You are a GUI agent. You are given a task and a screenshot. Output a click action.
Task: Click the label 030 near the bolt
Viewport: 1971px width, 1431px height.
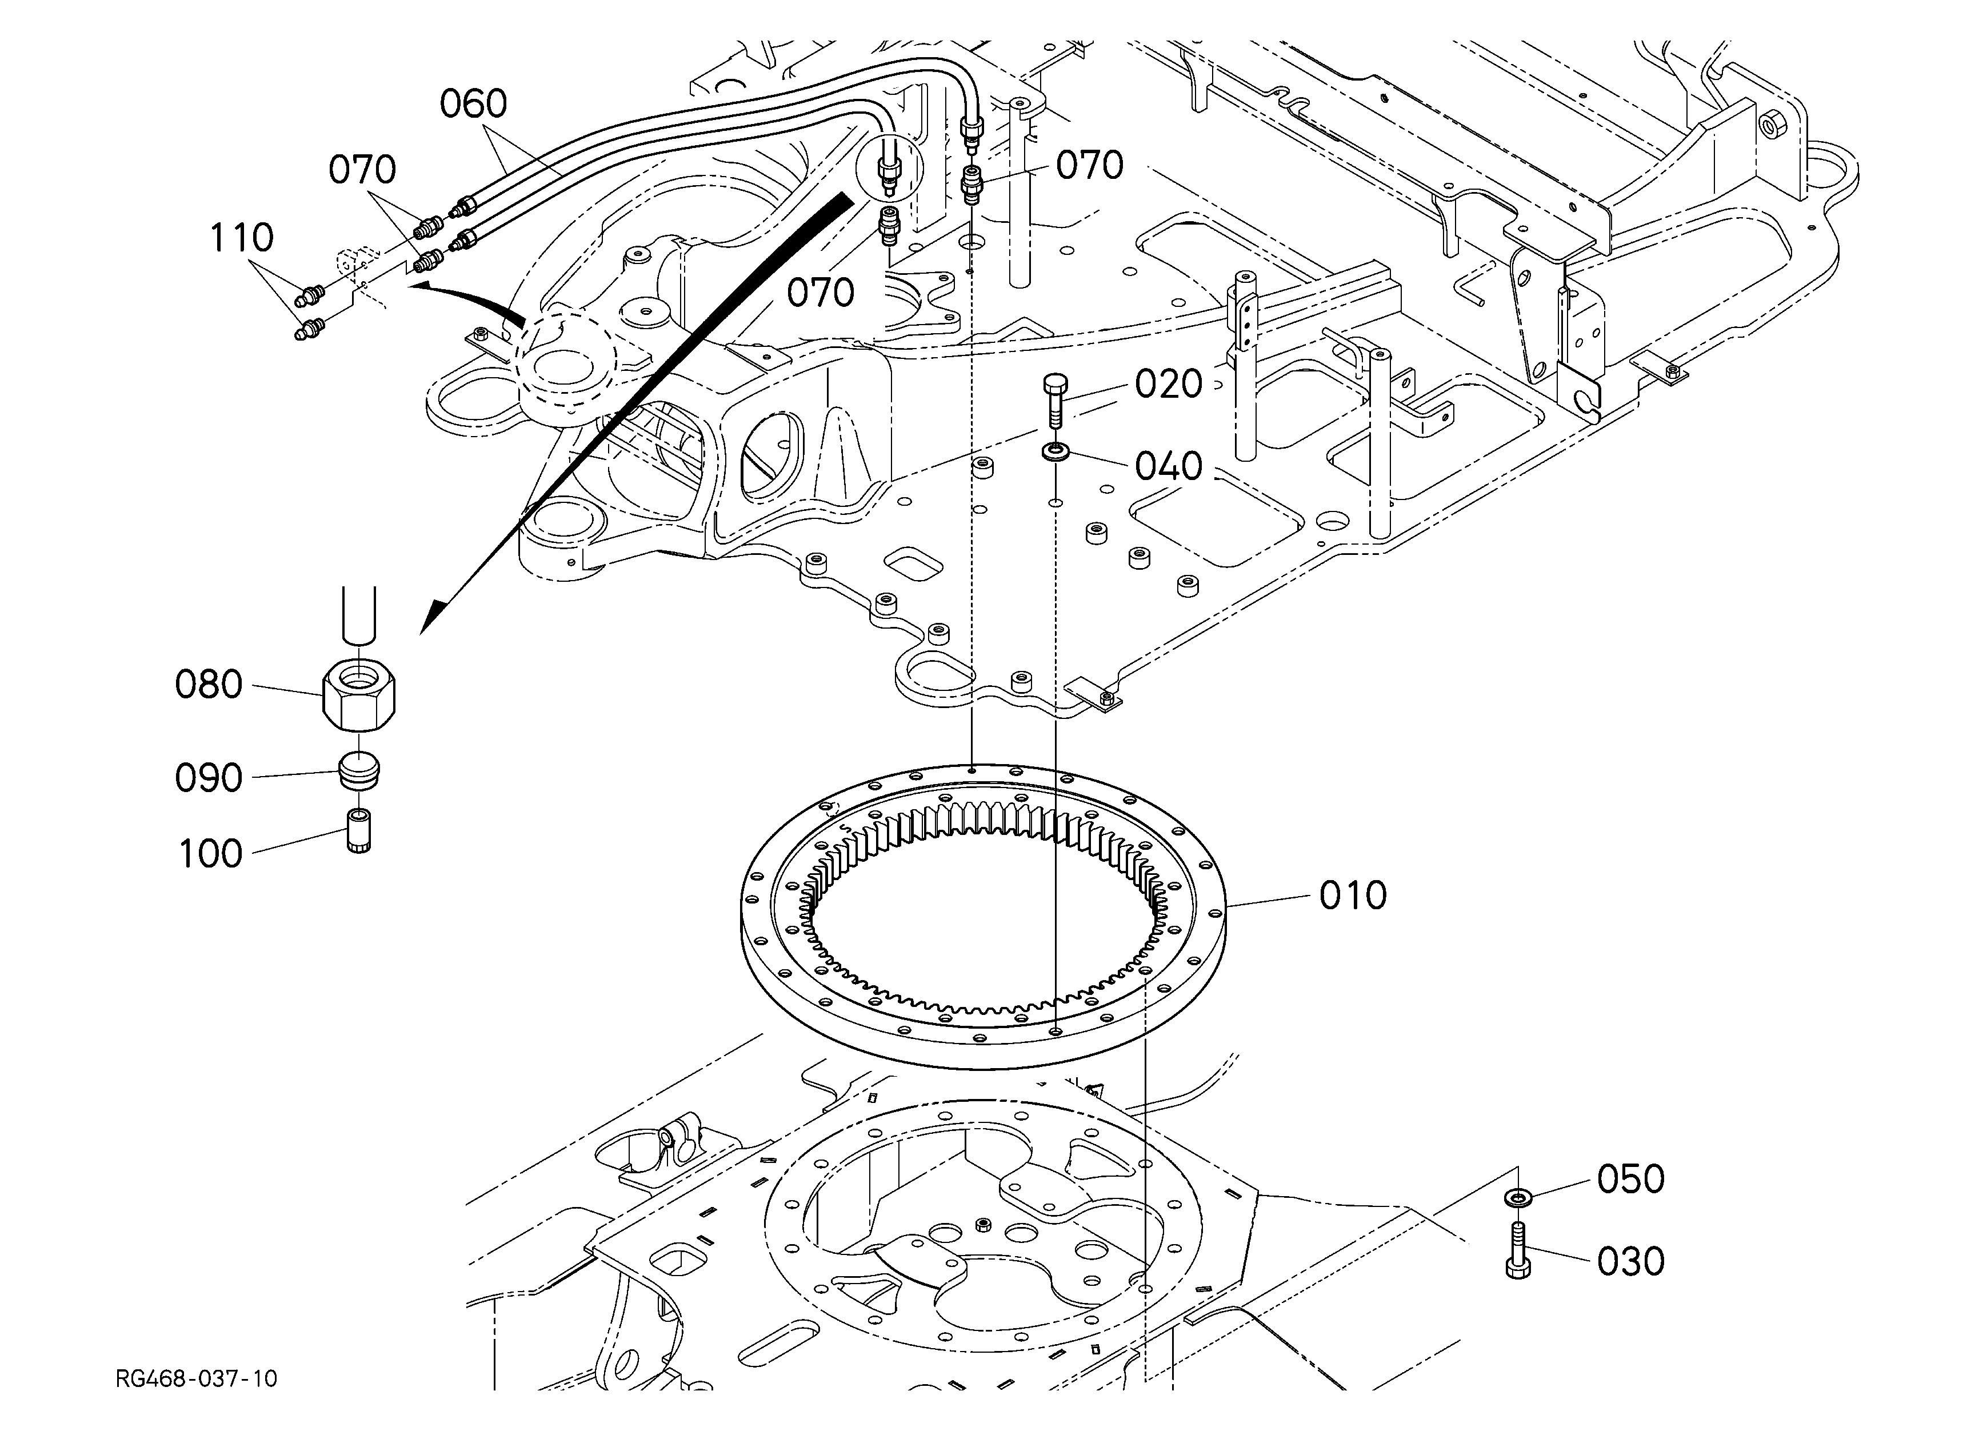pos(1631,1262)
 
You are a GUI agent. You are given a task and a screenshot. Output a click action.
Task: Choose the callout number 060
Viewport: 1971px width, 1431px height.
pos(474,104)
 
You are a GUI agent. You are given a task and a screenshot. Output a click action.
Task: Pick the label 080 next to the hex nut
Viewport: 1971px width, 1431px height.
pos(209,685)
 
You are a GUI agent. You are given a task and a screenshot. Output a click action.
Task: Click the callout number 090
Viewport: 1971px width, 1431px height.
pos(209,778)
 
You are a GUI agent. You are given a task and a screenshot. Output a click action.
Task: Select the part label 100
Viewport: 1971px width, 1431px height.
pos(210,854)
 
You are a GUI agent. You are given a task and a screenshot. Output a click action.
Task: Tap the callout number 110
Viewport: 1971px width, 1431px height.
pos(242,237)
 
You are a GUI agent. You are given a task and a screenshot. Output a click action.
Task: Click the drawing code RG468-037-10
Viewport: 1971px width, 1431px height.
pos(197,1379)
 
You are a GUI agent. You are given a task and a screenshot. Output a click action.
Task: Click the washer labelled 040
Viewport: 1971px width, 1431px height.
pos(1054,452)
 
